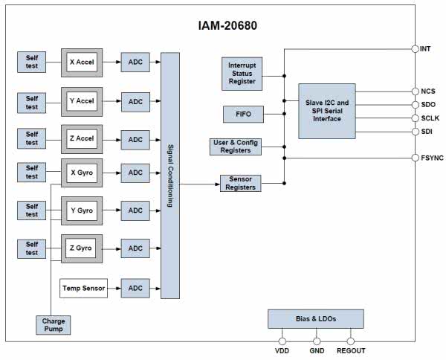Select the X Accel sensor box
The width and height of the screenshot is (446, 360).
click(x=82, y=62)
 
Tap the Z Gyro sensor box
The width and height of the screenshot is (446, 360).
click(x=82, y=248)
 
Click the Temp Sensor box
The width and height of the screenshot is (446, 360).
click(x=84, y=286)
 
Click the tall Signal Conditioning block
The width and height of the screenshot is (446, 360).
click(x=170, y=176)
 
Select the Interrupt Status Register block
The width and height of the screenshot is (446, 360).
click(x=242, y=72)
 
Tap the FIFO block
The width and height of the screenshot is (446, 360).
click(x=242, y=114)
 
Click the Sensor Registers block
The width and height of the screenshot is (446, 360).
click(x=240, y=182)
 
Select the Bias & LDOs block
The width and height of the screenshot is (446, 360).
click(x=316, y=318)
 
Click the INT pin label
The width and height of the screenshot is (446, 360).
click(x=426, y=49)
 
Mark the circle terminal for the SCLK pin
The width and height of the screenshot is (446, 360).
click(x=414, y=118)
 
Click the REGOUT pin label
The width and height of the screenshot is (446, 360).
click(x=351, y=351)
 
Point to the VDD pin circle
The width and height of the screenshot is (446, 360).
click(x=282, y=341)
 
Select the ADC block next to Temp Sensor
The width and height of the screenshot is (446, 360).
click(x=135, y=286)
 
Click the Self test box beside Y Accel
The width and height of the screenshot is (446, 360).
click(x=32, y=102)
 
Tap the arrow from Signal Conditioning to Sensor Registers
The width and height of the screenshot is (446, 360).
click(x=199, y=183)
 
